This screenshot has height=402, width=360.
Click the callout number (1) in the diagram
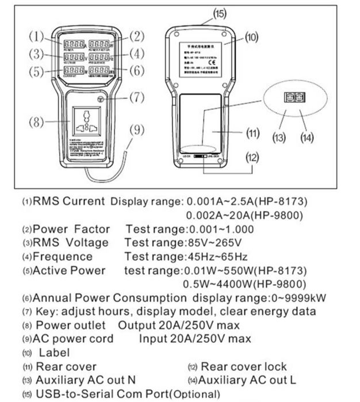[36, 37]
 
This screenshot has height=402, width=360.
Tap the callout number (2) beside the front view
[136, 37]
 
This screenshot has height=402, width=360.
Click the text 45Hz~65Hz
[215, 256]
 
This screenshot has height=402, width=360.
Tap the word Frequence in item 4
[62, 256]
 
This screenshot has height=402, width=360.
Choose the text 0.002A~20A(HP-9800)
[247, 215]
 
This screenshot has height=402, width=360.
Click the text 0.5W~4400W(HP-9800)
[245, 284]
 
